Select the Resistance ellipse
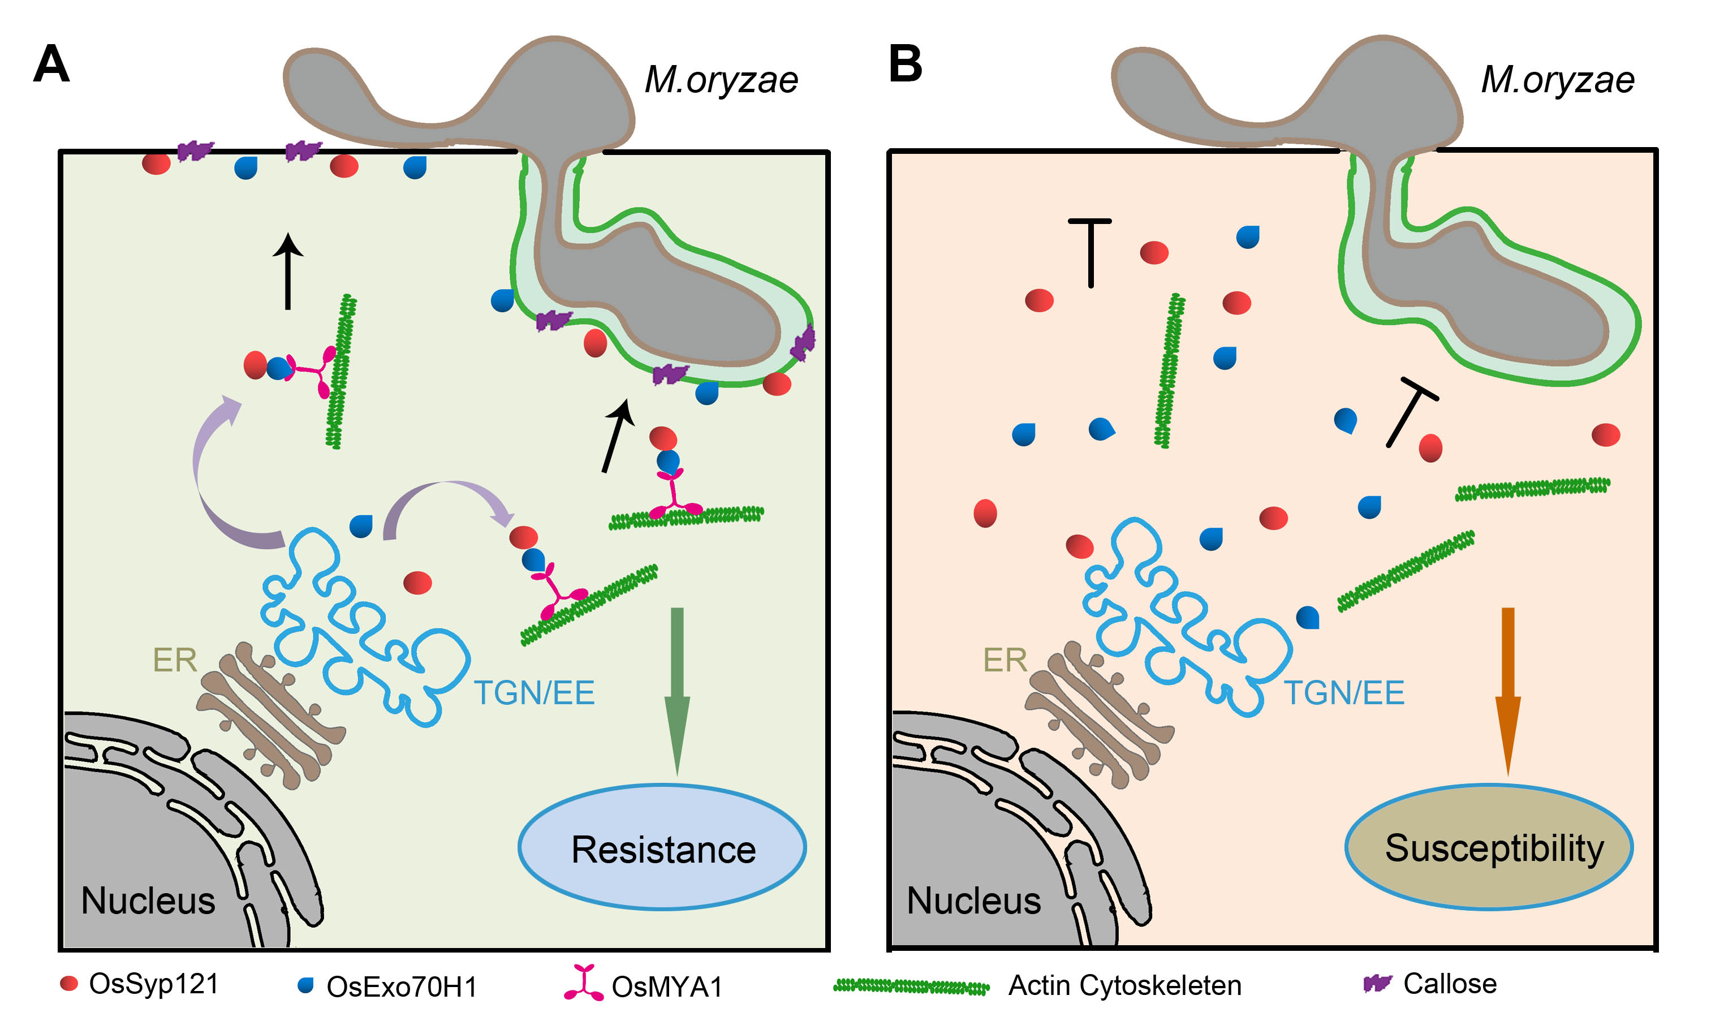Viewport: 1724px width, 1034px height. click(662, 848)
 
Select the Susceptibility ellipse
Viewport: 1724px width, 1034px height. click(1489, 848)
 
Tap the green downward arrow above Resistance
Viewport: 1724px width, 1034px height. click(676, 690)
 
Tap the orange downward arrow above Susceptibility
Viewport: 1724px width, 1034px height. click(1507, 690)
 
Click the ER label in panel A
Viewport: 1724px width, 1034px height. click(174, 660)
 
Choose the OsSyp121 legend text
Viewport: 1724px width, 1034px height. click(154, 984)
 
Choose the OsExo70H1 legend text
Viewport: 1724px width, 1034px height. click(402, 986)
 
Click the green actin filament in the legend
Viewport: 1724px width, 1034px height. click(911, 986)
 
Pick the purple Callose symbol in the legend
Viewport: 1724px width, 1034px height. click(1377, 983)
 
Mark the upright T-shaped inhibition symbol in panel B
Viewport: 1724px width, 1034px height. click(1090, 251)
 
